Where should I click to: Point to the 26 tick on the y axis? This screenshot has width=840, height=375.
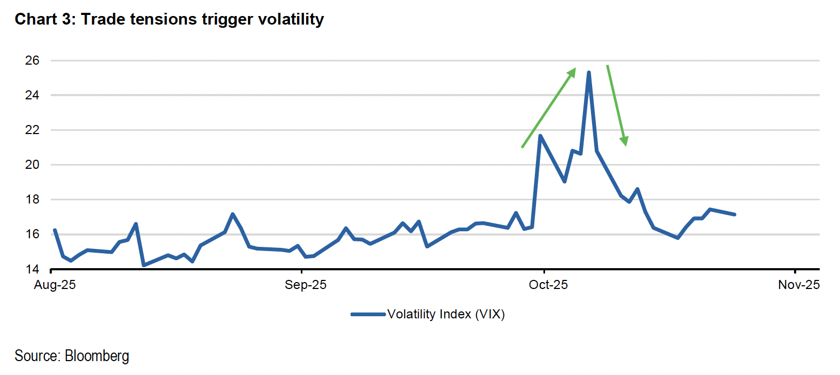click(32, 60)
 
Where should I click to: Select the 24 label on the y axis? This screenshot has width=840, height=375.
click(32, 95)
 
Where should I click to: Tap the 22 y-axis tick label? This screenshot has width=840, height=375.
click(32, 130)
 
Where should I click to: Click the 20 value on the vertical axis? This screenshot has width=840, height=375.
click(32, 165)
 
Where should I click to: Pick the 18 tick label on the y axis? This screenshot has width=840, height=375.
click(32, 199)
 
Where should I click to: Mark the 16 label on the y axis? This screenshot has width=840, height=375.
click(32, 234)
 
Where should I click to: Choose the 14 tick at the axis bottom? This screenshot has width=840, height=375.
click(32, 269)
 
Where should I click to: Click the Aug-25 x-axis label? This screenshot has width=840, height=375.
click(55, 285)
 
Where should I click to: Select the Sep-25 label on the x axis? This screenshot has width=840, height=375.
click(305, 285)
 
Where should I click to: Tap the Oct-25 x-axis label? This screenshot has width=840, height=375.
click(548, 285)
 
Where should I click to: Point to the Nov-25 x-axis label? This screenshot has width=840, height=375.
click(799, 285)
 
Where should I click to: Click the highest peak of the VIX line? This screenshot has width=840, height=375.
click(588, 73)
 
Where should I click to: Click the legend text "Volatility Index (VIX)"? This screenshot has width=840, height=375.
click(446, 314)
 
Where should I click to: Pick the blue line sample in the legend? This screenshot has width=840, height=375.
click(368, 314)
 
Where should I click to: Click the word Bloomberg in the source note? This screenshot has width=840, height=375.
click(97, 356)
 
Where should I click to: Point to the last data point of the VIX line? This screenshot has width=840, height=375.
click(735, 214)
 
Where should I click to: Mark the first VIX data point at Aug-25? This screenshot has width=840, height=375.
click(55, 230)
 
